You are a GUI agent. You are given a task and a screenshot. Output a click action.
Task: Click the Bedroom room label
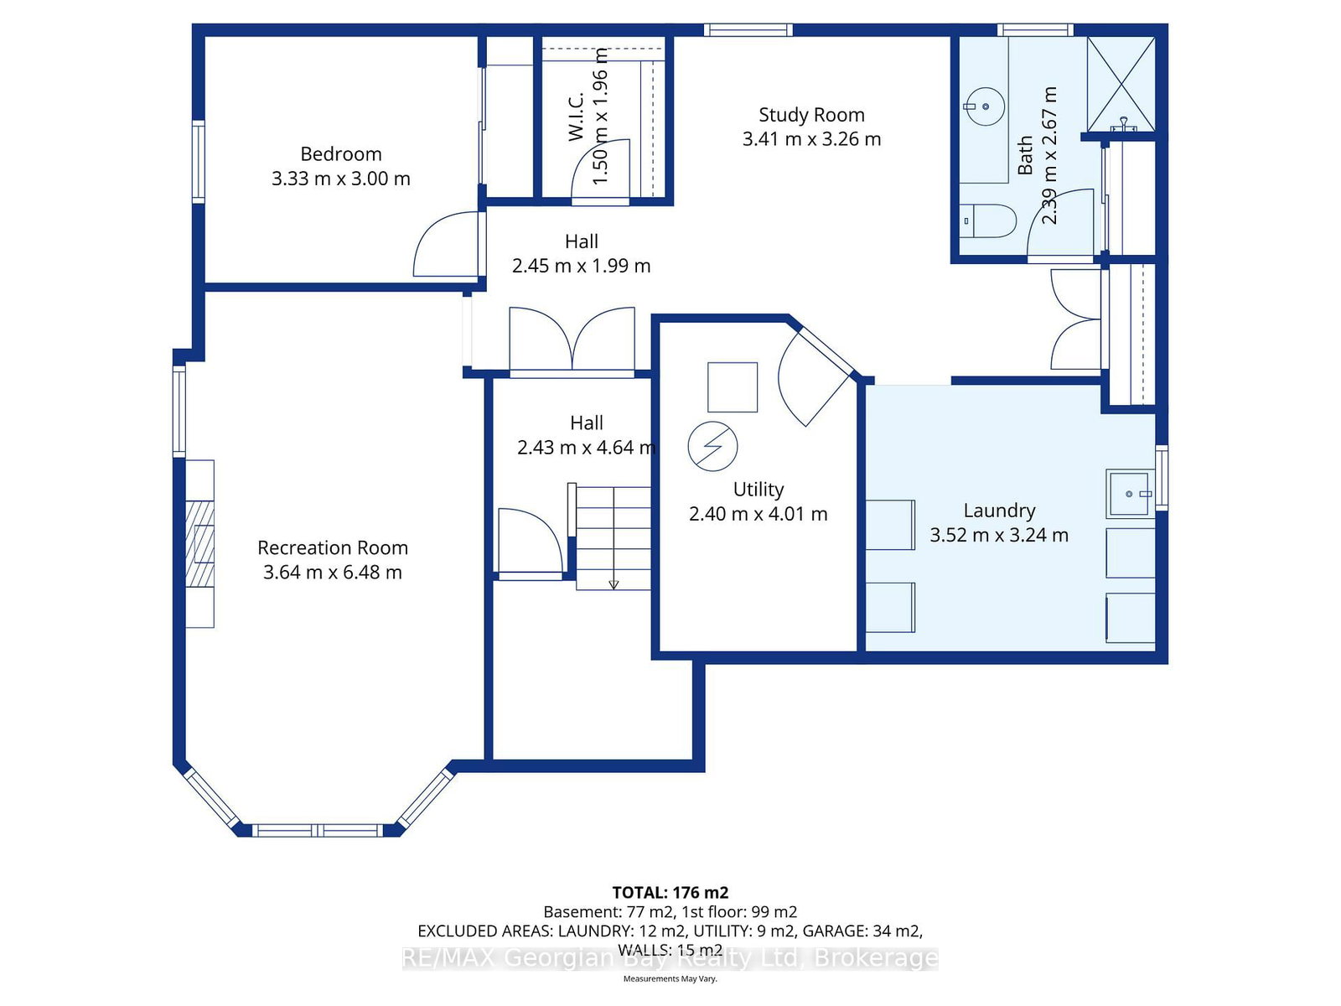click(x=340, y=154)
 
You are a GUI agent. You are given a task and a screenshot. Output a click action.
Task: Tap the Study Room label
click(x=811, y=115)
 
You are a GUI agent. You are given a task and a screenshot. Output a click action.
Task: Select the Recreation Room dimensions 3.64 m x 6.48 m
click(x=333, y=573)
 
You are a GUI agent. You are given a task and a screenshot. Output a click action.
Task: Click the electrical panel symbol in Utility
click(x=712, y=446)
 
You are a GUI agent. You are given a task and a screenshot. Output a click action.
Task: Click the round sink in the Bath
click(x=984, y=107)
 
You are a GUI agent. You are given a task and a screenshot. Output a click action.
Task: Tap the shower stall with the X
click(x=1121, y=85)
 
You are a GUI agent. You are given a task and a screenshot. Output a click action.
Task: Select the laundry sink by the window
click(x=1129, y=493)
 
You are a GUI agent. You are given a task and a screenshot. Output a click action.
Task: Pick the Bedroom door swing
click(x=445, y=244)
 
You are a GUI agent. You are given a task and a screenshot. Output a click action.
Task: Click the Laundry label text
click(x=999, y=511)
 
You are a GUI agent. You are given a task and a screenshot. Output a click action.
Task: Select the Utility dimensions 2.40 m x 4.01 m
click(x=759, y=514)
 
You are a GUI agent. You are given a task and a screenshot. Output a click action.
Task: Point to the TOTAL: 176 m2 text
click(x=670, y=893)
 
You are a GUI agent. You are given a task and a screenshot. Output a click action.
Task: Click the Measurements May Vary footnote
click(x=670, y=978)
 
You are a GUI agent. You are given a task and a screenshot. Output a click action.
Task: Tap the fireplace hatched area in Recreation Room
click(x=200, y=544)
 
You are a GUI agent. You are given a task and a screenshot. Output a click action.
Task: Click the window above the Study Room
click(x=748, y=30)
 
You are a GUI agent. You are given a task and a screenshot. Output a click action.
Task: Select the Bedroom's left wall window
click(x=199, y=162)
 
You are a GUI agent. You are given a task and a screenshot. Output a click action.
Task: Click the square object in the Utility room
click(x=733, y=387)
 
